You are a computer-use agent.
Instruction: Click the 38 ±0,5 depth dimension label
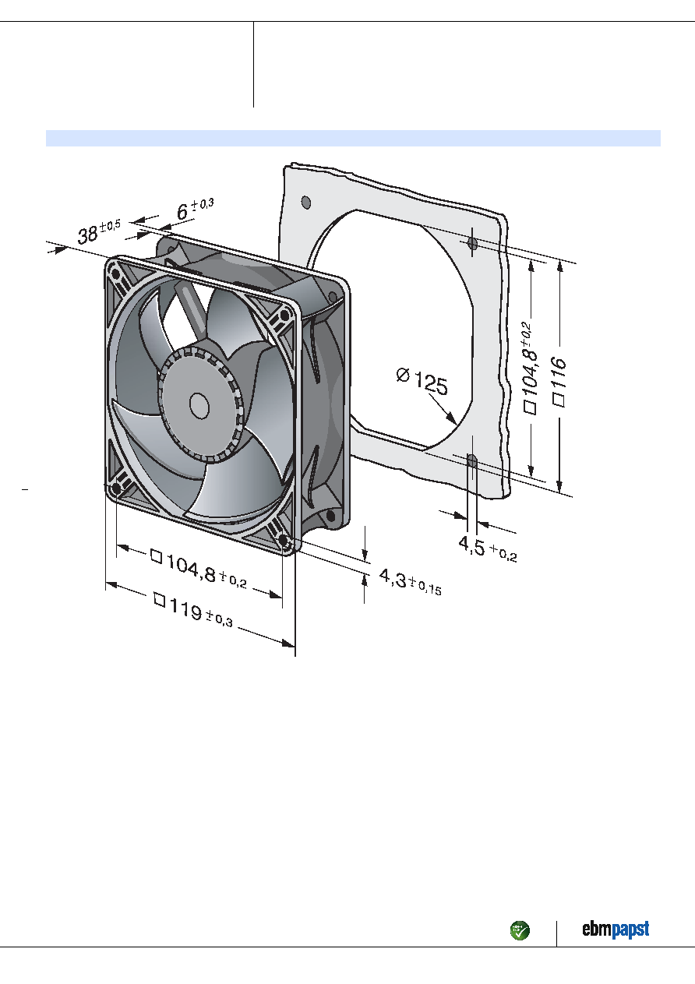click(x=99, y=232)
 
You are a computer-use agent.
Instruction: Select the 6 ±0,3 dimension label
click(x=195, y=209)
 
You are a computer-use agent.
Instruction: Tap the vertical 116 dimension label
click(x=559, y=381)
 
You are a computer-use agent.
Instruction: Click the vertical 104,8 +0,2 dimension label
click(x=531, y=367)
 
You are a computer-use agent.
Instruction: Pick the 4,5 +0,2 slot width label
click(x=488, y=549)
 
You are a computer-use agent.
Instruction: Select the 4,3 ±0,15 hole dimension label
click(x=410, y=582)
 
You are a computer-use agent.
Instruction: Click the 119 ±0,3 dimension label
click(x=193, y=610)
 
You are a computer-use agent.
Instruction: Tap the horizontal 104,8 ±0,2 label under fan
click(x=198, y=569)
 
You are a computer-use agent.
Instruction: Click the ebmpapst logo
click(x=616, y=929)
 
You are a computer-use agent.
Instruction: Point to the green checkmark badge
click(x=520, y=930)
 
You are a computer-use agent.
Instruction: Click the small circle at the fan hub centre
click(x=199, y=405)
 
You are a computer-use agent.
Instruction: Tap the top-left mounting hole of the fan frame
click(x=116, y=275)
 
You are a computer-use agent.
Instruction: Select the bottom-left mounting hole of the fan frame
click(x=116, y=488)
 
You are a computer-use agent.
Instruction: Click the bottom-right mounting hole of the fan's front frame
click(x=284, y=539)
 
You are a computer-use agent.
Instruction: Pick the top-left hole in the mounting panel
click(x=306, y=203)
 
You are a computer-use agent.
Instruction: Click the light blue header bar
click(x=353, y=138)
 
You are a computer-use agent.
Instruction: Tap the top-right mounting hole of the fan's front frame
click(x=284, y=316)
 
